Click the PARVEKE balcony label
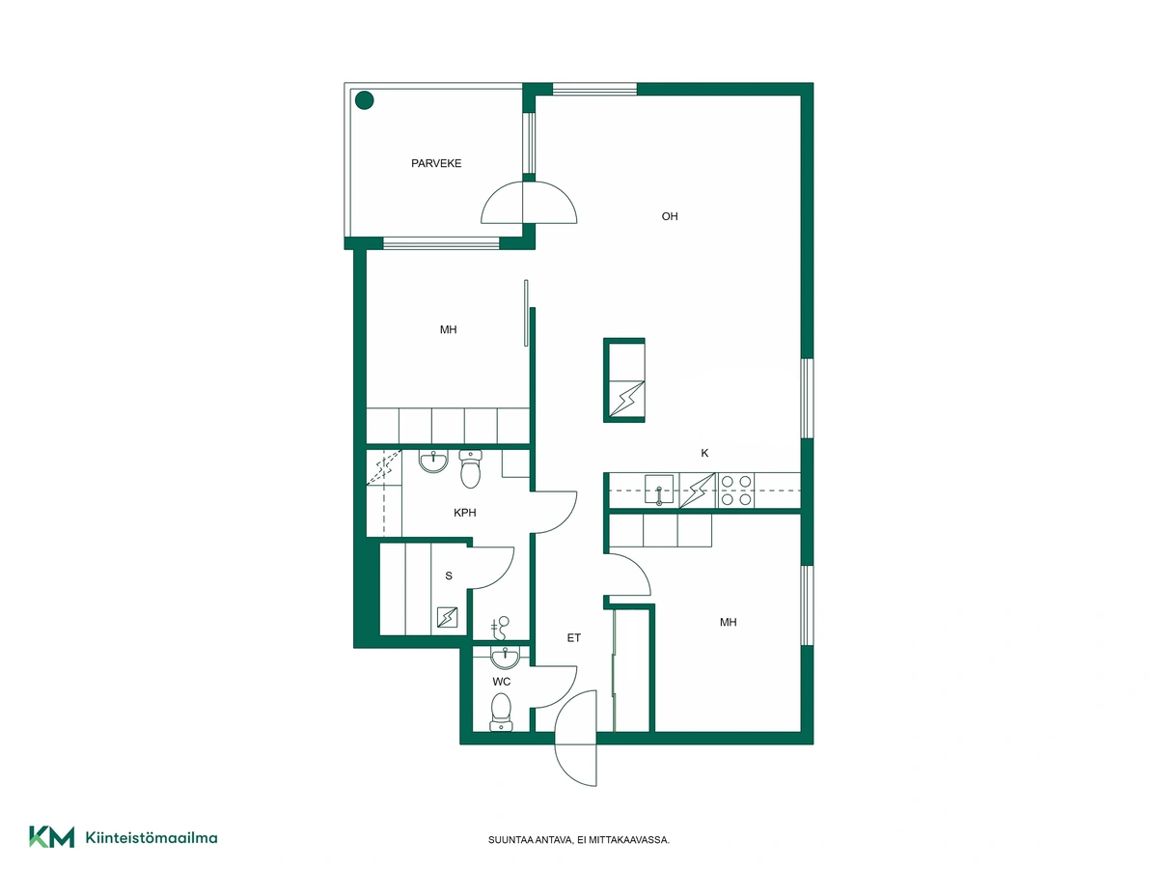(x=436, y=163)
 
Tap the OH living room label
(x=670, y=216)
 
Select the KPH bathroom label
(x=465, y=513)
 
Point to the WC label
(x=501, y=682)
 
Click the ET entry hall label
(x=573, y=638)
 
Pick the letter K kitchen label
(x=704, y=453)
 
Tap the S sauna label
(x=449, y=575)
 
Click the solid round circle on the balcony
(x=364, y=100)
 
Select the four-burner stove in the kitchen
(x=736, y=491)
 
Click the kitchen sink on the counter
(x=659, y=490)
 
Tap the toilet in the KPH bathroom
(x=470, y=468)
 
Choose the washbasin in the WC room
(x=505, y=658)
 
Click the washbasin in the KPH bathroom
(x=433, y=462)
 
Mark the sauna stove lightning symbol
(x=447, y=617)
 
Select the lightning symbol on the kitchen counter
(x=697, y=491)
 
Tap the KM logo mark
(x=52, y=837)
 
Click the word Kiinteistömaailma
(x=152, y=837)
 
